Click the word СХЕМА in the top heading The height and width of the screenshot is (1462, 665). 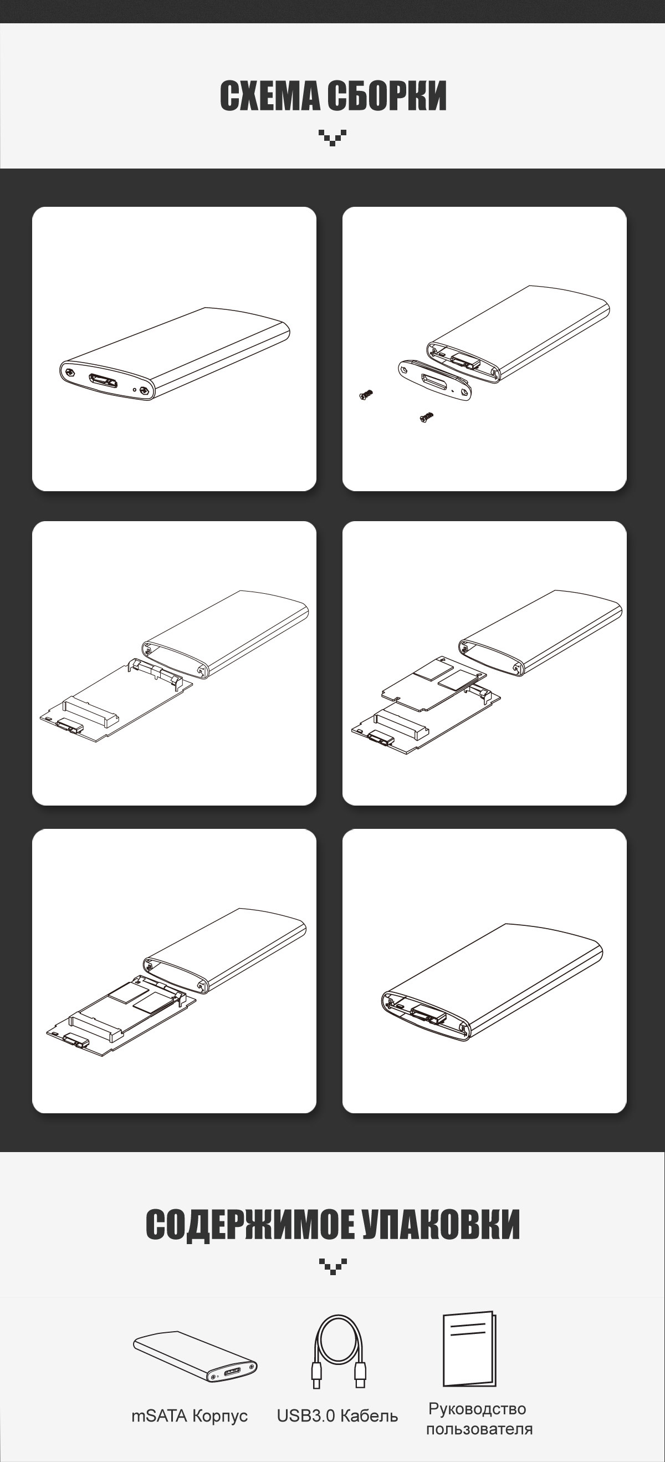point(268,96)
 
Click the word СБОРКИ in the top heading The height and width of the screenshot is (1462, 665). point(386,96)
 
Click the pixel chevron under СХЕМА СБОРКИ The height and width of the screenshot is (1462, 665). point(332,137)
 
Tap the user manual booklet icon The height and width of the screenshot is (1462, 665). point(469,1348)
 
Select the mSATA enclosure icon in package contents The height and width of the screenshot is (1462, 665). point(195,1356)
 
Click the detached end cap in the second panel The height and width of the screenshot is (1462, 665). point(435,380)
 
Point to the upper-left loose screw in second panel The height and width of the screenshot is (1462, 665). point(366,394)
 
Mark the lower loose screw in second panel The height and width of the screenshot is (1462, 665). point(427,417)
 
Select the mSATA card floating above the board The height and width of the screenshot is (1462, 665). point(434,681)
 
